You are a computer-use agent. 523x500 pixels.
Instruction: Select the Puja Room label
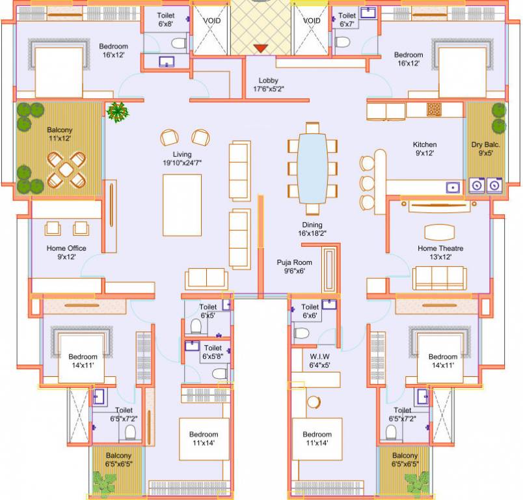pyautogui.click(x=291, y=266)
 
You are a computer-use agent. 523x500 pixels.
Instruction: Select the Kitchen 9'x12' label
pyautogui.click(x=425, y=148)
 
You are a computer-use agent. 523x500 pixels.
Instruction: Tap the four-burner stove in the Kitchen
pyautogui.click(x=433, y=110)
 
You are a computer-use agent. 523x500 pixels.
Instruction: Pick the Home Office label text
pyautogui.click(x=66, y=253)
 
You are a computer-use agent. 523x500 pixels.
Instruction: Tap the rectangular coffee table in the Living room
pyautogui.click(x=181, y=205)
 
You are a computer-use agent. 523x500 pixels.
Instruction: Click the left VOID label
pyautogui.click(x=212, y=21)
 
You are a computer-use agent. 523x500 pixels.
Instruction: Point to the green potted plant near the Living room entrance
pyautogui.click(x=118, y=112)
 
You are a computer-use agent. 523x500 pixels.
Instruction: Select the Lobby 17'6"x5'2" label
pyautogui.click(x=268, y=85)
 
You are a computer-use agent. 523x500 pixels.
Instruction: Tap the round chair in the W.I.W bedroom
pyautogui.click(x=314, y=401)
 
